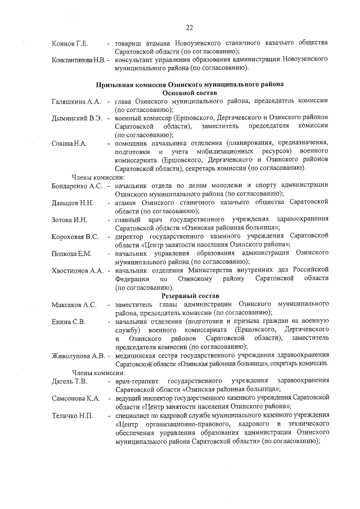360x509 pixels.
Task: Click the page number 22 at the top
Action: [190, 28]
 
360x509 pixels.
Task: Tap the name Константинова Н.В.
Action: [77, 59]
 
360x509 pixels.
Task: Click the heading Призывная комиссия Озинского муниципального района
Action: [190, 84]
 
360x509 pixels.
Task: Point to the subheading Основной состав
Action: [190, 92]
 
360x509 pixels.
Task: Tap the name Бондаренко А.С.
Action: [76, 185]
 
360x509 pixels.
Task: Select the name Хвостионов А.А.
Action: [77, 271]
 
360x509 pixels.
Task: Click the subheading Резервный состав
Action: [190, 296]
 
